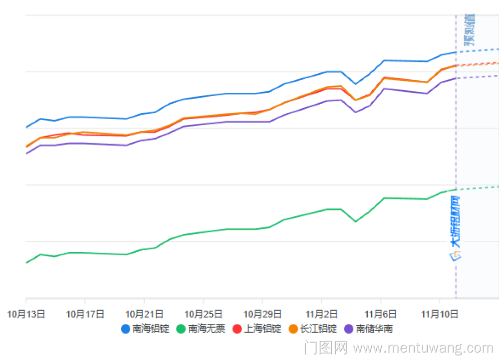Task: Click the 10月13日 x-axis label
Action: (26, 314)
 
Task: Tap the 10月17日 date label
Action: (85, 314)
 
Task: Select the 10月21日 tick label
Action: (144, 314)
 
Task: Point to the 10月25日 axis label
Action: (203, 314)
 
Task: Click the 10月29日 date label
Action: (262, 314)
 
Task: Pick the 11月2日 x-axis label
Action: (321, 314)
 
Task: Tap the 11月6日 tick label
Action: (381, 314)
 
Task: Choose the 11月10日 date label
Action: (440, 314)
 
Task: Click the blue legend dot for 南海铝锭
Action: (126, 329)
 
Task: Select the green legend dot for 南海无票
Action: (182, 329)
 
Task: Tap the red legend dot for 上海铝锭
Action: (238, 329)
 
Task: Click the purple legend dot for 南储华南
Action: (349, 329)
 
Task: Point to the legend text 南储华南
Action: (374, 329)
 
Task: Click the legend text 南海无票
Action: (207, 329)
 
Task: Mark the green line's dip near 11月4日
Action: (355, 221)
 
